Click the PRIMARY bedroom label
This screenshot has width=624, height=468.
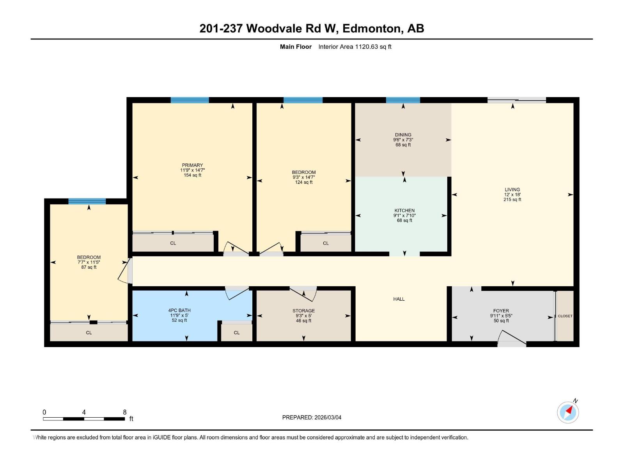pyautogui.click(x=192, y=165)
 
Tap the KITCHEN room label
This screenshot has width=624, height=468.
pyautogui.click(x=404, y=211)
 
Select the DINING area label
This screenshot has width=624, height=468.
pyautogui.click(x=403, y=135)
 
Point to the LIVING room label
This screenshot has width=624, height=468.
pyautogui.click(x=512, y=190)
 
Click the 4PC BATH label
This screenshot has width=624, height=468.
pyautogui.click(x=179, y=310)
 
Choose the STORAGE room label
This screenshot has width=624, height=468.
pyautogui.click(x=303, y=311)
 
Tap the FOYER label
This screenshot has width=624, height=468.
pyautogui.click(x=501, y=311)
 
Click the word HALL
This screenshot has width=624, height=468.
pyautogui.click(x=399, y=299)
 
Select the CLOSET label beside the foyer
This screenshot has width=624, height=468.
pyautogui.click(x=565, y=316)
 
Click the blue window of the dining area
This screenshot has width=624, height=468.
pyautogui.click(x=403, y=100)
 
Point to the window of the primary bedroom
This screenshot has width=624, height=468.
pyautogui.click(x=190, y=100)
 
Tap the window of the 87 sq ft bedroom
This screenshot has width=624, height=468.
pyautogui.click(x=87, y=201)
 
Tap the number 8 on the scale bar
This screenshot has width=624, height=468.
pyautogui.click(x=125, y=412)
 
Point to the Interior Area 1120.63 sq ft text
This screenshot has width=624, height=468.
pyautogui.click(x=355, y=47)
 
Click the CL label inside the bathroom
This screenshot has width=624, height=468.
pyautogui.click(x=237, y=333)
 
